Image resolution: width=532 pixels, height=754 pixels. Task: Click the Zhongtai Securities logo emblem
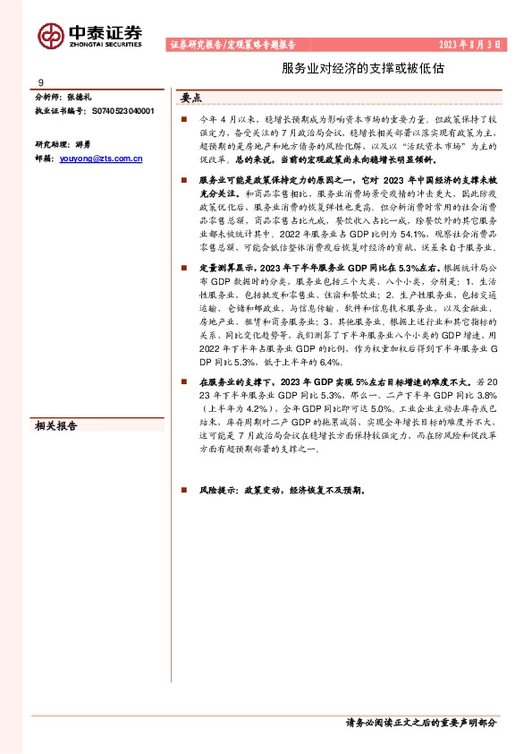pyautogui.click(x=51, y=34)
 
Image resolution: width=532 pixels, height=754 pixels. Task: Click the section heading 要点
pyautogui.click(x=191, y=99)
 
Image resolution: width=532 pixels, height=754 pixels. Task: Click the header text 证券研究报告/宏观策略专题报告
pyautogui.click(x=232, y=44)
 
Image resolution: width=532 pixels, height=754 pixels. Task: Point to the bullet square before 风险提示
pyautogui.click(x=182, y=491)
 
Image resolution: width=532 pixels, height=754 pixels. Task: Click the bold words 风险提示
pyautogui.click(x=213, y=491)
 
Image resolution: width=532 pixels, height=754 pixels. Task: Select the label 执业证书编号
pyautogui.click(x=58, y=111)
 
